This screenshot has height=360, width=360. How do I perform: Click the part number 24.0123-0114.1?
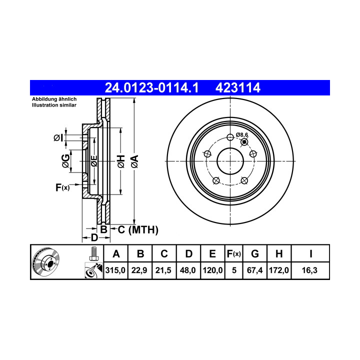151,87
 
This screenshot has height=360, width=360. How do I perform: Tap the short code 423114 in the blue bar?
238,87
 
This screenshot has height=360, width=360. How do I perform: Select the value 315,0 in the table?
115,270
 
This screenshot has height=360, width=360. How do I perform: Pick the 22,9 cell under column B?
139,270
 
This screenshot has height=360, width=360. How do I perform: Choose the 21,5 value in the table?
163,270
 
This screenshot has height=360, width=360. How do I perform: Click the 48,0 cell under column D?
188,270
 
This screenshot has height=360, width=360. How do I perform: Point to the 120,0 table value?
212,270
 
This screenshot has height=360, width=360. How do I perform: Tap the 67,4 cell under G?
254,270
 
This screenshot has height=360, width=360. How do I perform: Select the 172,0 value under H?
278,270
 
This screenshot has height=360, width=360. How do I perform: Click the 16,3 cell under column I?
309,270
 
